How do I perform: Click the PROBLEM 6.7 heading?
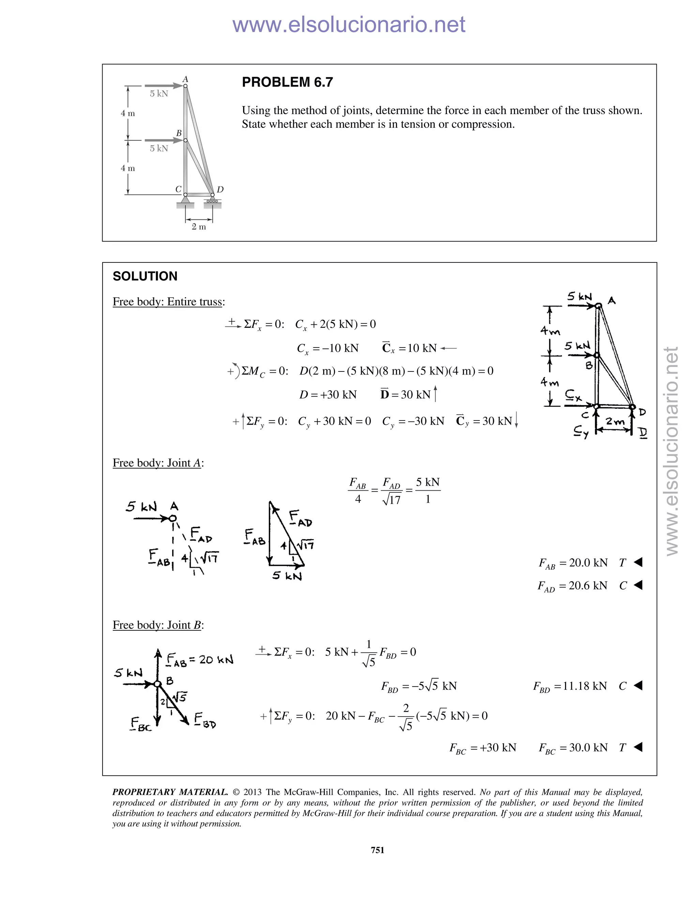(287, 82)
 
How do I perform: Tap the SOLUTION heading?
(145, 276)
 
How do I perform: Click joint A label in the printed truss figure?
(185, 79)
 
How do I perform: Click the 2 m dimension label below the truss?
(199, 227)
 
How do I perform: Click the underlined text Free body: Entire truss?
(168, 302)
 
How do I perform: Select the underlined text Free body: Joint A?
(157, 463)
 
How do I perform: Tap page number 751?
(378, 850)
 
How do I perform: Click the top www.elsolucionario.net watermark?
(349, 25)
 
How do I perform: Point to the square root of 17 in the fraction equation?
(392, 500)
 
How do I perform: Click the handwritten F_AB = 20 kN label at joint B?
(200, 659)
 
